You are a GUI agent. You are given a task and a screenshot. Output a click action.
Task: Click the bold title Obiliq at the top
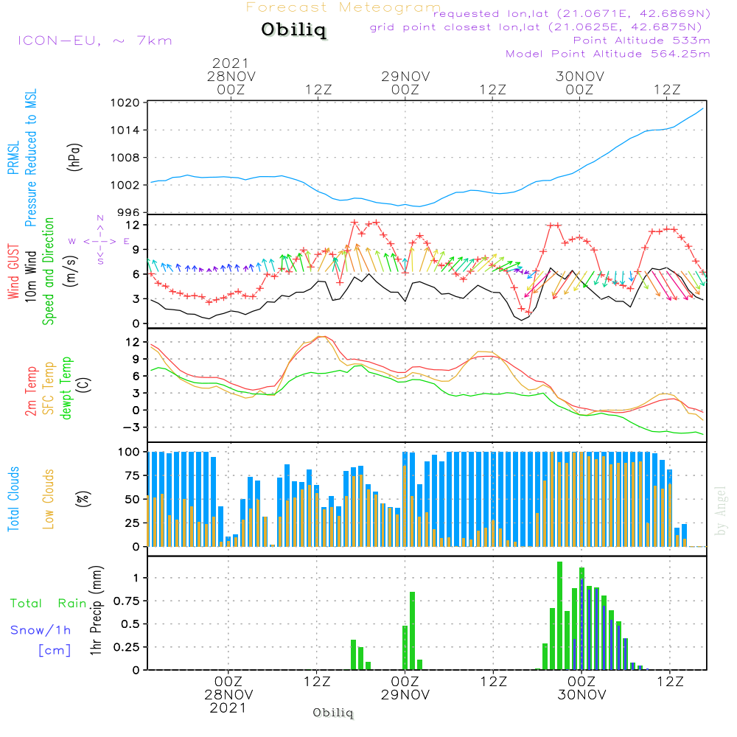[x=293, y=31]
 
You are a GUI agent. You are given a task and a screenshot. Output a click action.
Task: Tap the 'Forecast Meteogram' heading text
[x=343, y=7]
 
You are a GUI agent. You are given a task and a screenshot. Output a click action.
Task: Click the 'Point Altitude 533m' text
[x=641, y=40]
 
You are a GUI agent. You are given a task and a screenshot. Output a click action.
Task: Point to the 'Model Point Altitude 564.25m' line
[x=607, y=53]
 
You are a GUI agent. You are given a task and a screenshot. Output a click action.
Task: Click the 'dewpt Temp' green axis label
[x=66, y=389]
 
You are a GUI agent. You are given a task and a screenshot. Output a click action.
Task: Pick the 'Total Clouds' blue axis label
[x=13, y=499]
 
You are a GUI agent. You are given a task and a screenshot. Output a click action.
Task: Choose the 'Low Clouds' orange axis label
[x=49, y=499]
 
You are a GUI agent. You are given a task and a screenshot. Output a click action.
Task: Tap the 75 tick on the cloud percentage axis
[x=131, y=475]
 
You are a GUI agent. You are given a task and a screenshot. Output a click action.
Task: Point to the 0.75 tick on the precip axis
[x=125, y=600]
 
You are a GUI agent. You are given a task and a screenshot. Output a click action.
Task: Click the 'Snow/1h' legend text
[x=41, y=630]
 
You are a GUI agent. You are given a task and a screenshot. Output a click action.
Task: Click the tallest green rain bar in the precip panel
[x=560, y=615]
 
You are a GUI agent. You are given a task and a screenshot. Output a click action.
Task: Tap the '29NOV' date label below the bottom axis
[x=405, y=694]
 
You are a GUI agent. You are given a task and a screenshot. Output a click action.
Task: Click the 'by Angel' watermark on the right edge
[x=721, y=510]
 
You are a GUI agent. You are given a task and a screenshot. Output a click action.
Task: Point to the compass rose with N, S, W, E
[x=99, y=240]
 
